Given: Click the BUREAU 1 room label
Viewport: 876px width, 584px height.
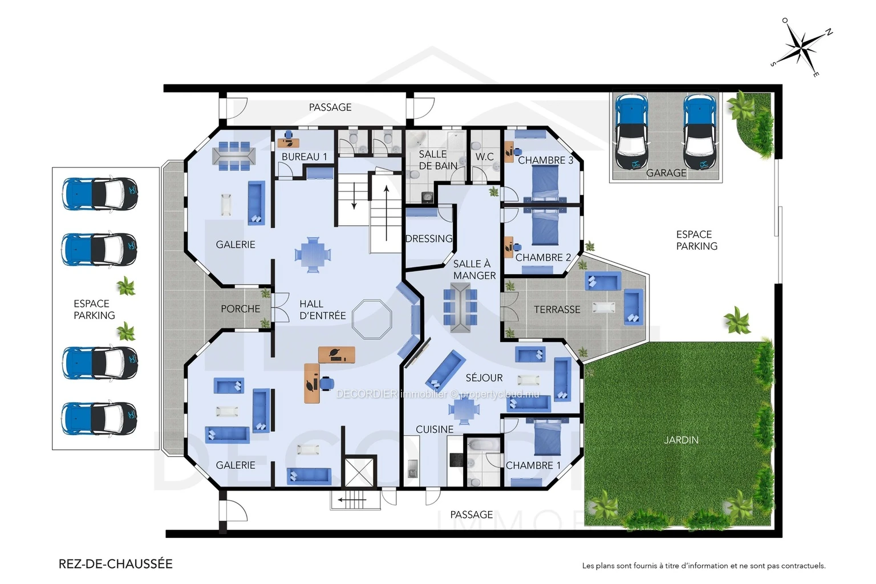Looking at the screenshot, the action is point(304,157).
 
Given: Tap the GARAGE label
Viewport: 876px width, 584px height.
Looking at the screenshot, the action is point(666,173).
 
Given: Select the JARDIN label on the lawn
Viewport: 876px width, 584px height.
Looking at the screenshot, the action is point(682,440).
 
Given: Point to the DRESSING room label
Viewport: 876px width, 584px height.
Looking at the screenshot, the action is point(429,238).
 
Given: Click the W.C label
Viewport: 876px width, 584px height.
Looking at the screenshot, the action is point(485,157).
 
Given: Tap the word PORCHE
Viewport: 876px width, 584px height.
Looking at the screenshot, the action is point(241,309).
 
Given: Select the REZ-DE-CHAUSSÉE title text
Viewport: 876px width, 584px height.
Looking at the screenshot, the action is point(115,564).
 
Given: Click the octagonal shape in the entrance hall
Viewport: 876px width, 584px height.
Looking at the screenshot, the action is point(371,319).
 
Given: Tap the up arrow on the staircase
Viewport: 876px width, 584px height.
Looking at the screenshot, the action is point(386,213).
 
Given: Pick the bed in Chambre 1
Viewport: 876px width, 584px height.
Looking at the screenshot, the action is point(547,437).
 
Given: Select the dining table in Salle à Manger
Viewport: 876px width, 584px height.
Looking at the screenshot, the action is point(460,308).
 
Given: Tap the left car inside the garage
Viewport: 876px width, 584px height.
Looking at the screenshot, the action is point(631,132).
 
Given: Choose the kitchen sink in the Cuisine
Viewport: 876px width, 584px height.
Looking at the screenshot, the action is point(412,469).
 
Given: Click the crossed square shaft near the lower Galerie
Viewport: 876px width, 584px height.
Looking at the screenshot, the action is point(359,473).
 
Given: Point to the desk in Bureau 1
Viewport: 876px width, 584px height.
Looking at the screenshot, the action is point(288,143).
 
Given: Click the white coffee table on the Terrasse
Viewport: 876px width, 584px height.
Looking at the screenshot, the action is point(604,307).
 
